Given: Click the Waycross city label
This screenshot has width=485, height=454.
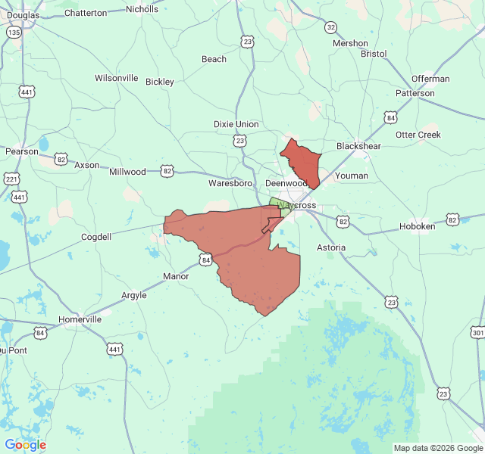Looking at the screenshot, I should click(296, 205).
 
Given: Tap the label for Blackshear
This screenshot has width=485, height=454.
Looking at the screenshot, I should click(358, 146).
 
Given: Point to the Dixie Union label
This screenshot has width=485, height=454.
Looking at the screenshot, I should click(236, 124).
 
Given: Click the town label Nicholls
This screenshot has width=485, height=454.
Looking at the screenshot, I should click(142, 9).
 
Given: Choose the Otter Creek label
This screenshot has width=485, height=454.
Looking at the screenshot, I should click(418, 135).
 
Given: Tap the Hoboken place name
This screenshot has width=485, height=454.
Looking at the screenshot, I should click(418, 226).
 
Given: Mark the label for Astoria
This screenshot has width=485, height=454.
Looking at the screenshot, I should click(330, 247).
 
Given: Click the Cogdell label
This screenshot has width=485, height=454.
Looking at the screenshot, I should click(96, 237).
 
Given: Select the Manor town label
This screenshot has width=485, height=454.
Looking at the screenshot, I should click(176, 276).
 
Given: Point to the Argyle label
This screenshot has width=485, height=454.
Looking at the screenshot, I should click(134, 295).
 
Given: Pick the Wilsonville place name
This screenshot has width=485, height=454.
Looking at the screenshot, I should click(117, 78).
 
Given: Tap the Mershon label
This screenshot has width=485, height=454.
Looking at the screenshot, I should click(350, 43).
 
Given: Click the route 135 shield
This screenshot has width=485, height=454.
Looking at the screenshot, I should click(14, 33).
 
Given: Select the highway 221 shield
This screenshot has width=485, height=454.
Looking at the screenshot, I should click(11, 179).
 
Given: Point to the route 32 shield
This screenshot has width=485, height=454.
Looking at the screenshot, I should click(330, 27).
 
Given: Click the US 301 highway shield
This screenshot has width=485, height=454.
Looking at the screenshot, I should click(477, 332).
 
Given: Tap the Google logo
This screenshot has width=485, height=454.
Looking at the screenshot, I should click(25, 445).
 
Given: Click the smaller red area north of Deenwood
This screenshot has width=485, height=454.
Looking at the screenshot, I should click(301, 161).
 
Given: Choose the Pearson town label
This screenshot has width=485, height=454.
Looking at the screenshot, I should click(21, 151).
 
